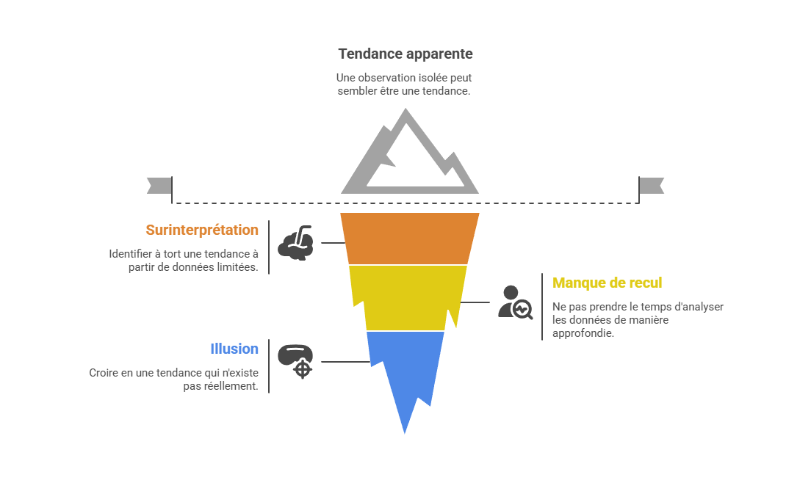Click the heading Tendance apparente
pyautogui.click(x=405, y=54)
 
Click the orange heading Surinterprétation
pyautogui.click(x=202, y=230)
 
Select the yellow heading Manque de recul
pyautogui.click(x=607, y=283)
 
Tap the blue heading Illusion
pyautogui.click(x=234, y=349)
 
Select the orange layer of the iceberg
pyautogui.click(x=409, y=238)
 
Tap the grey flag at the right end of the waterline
pyautogui.click(x=652, y=186)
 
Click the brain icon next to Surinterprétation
pyautogui.click(x=298, y=243)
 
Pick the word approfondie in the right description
pyautogui.click(x=583, y=333)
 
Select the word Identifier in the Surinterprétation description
pyautogui.click(x=130, y=254)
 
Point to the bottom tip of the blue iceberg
pyautogui.click(x=405, y=435)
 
